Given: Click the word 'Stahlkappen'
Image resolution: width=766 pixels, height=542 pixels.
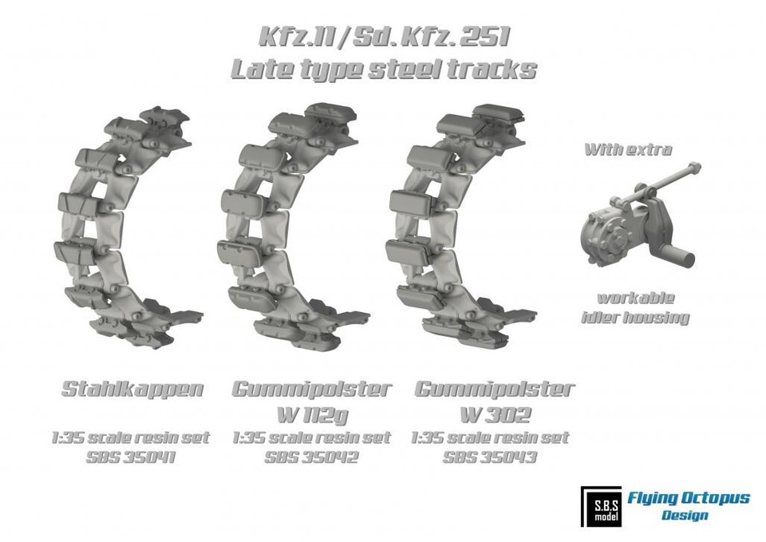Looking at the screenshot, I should [132, 390].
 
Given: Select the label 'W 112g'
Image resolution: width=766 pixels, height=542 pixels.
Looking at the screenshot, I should [312, 414].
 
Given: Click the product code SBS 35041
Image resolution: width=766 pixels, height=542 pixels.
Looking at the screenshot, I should [132, 457].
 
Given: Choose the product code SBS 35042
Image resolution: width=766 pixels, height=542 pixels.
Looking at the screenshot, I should [312, 457].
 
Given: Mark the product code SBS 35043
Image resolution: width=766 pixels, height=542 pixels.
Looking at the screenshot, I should [490, 457].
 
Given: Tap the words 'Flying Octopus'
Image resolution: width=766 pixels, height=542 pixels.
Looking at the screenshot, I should [688, 498].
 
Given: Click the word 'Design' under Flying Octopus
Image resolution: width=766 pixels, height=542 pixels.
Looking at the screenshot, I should [685, 515].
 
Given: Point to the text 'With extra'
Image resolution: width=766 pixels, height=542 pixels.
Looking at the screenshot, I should [628, 149].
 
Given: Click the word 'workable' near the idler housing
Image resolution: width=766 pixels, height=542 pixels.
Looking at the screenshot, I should [636, 298].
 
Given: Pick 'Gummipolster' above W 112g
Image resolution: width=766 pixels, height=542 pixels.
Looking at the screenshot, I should [312, 390].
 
